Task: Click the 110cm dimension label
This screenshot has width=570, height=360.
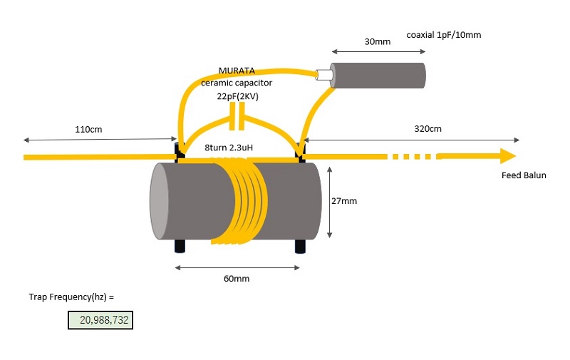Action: pyautogui.click(x=90, y=129)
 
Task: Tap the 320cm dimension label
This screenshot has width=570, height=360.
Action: pyautogui.click(x=427, y=129)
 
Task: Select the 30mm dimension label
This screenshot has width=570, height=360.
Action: pyautogui.click(x=377, y=41)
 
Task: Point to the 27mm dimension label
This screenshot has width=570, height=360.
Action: pyautogui.click(x=344, y=201)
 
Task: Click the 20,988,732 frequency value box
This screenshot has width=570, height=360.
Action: pyautogui.click(x=100, y=320)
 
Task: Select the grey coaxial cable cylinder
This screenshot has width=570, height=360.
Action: pyautogui.click(x=380, y=75)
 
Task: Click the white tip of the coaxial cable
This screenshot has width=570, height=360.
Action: pyautogui.click(x=325, y=73)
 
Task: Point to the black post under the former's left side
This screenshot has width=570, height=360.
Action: pyautogui.click(x=180, y=247)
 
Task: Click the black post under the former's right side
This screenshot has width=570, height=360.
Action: pyautogui.click(x=301, y=247)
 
